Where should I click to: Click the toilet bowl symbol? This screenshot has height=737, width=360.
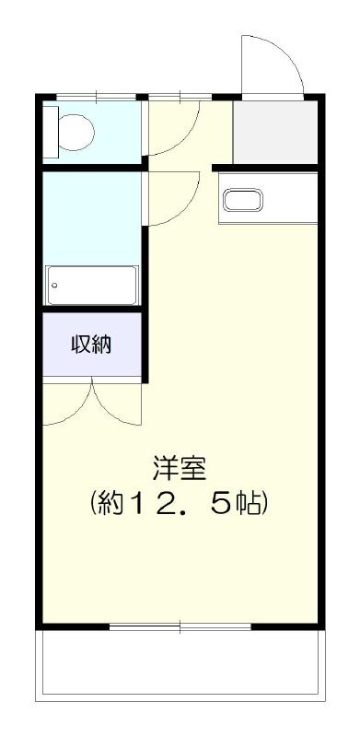pos(77,132)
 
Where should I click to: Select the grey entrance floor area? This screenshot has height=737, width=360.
pos(275,131)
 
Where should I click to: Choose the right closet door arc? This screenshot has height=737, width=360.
pos(118,405)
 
